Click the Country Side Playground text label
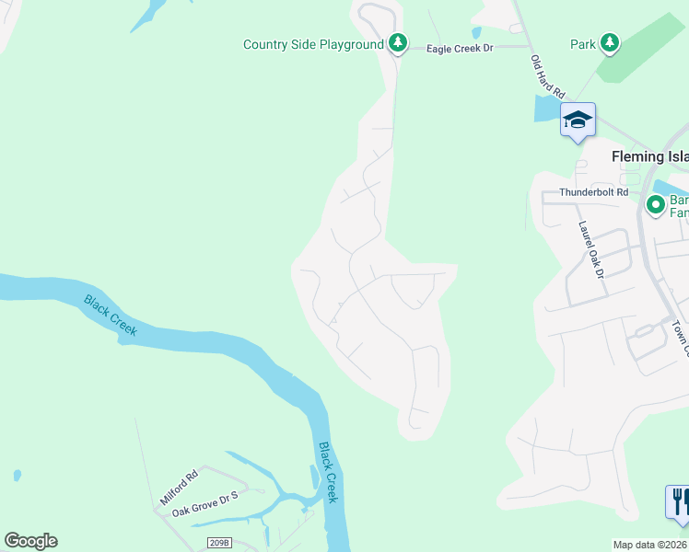coord(313,44)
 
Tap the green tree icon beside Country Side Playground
coord(397,43)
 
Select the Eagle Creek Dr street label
coord(461,48)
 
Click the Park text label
coord(582,43)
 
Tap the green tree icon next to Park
coord(609,42)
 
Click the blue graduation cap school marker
coord(578,121)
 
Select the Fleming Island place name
coord(650,157)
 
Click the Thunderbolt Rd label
coord(594,192)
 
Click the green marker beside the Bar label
coord(656,204)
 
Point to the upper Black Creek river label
coord(111,315)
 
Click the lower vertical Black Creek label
coord(328,472)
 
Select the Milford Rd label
coord(180,488)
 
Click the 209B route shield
coord(217,544)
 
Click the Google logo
coord(30,541)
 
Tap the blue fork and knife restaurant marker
coord(678,501)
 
